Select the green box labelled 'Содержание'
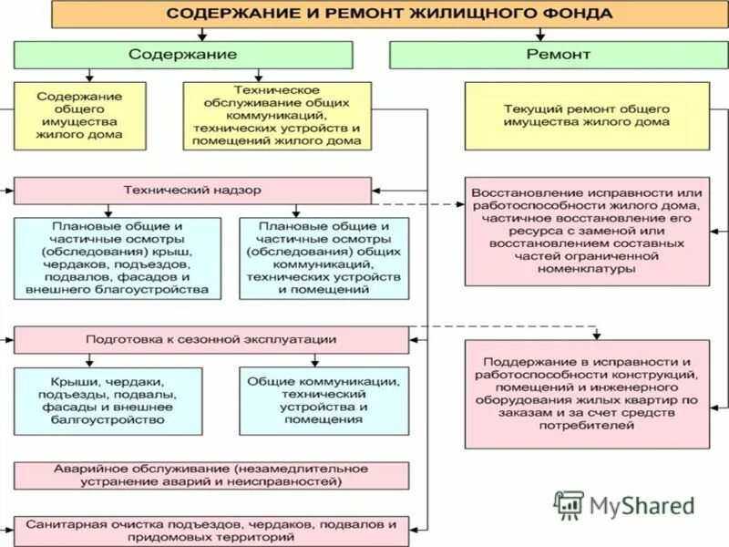(182, 55)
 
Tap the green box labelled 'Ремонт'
(559, 55)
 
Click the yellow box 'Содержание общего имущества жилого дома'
(80, 116)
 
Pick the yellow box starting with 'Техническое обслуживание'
(277, 116)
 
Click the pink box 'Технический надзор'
(192, 191)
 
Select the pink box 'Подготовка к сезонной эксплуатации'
(210, 340)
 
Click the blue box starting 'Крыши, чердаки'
(116, 400)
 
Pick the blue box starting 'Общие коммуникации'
(323, 400)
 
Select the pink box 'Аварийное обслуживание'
(210, 475)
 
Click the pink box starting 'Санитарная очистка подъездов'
(210, 532)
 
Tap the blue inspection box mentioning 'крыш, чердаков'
(116, 258)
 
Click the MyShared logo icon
(570, 505)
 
